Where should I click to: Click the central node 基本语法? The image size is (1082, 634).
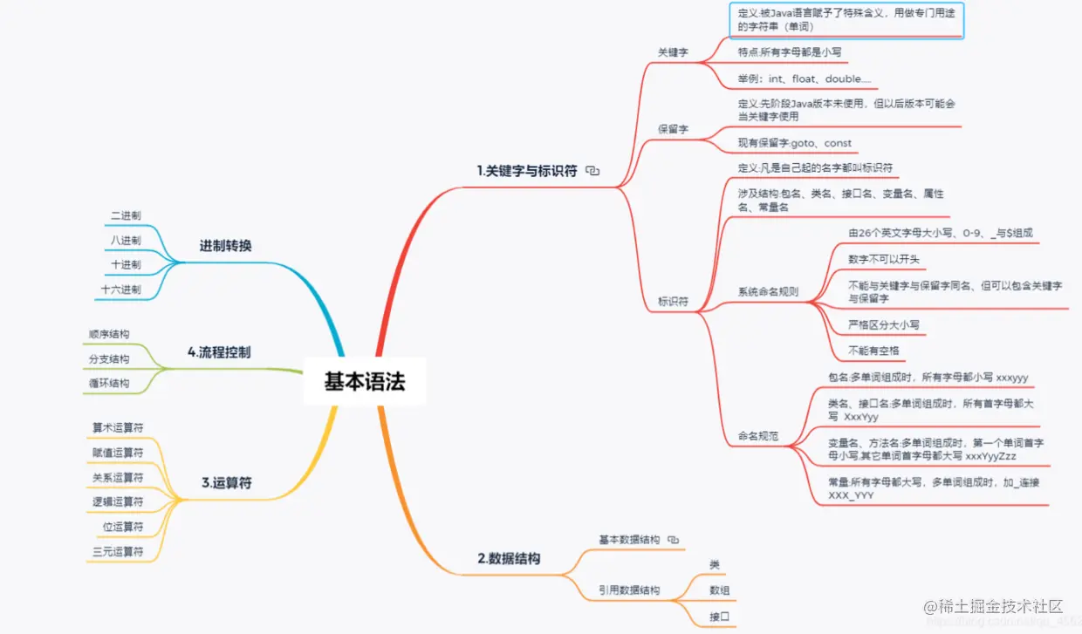coord(365,382)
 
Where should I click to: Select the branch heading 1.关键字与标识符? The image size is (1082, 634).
coord(527,171)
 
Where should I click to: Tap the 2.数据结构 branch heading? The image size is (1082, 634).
coord(509,558)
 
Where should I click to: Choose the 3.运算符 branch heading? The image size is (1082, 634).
coord(226,482)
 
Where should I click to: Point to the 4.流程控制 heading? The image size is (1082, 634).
coord(219,352)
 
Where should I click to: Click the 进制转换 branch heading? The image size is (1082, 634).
coord(225,246)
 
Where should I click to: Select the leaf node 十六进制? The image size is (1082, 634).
coord(120,289)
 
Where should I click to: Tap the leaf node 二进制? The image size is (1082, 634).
coord(126,215)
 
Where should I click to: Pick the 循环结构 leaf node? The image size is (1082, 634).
coord(109,383)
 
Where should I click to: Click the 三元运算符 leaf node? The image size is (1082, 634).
coord(118,551)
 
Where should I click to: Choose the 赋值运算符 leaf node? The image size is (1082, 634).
coord(118,452)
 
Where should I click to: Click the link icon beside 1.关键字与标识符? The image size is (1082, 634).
coord(593,171)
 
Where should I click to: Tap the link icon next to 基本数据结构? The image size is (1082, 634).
coord(673,540)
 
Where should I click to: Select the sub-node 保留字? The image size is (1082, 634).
coord(673,129)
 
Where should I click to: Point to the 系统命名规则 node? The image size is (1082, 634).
coord(768,291)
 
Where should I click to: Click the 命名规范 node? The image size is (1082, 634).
coord(758,435)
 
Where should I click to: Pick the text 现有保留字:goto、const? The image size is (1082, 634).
coord(794,143)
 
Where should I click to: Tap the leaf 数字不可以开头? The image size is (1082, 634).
coord(883,259)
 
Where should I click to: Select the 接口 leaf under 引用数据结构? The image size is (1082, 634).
coord(720,617)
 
